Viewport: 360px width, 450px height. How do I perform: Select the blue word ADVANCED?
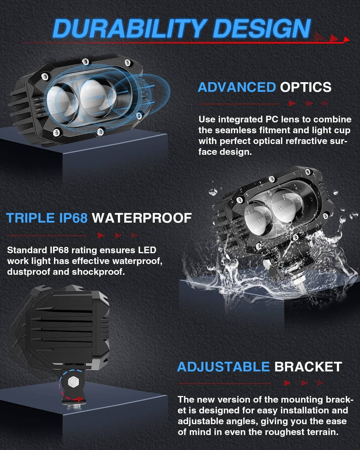click(x=237, y=87)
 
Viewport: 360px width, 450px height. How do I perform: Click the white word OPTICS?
click(x=305, y=87)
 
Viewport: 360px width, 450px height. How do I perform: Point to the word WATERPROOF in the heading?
click(x=142, y=218)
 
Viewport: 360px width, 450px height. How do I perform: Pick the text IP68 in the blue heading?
click(x=73, y=218)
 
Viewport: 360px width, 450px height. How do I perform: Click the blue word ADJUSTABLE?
click(x=223, y=367)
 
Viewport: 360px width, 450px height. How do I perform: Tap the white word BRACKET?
click(x=308, y=367)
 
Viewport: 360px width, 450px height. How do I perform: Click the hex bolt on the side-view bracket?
click(x=73, y=381)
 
